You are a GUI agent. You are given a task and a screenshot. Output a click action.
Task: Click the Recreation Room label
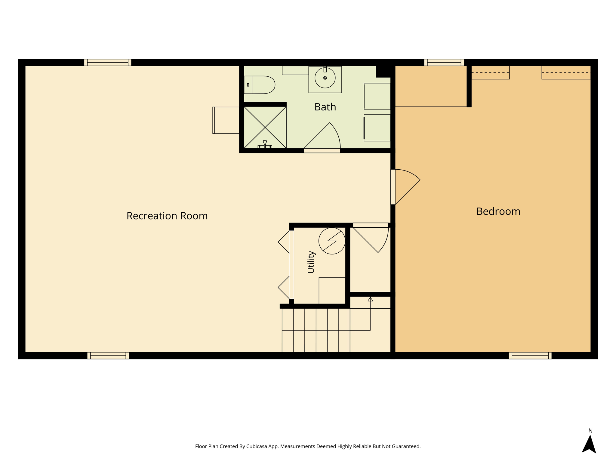167,216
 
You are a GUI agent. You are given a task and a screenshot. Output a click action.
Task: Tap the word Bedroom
498,211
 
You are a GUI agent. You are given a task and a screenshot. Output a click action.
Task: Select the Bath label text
325,107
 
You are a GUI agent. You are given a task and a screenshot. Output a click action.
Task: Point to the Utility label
311,262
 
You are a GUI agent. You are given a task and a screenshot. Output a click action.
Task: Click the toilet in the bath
260,85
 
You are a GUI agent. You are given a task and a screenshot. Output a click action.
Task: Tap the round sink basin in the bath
325,78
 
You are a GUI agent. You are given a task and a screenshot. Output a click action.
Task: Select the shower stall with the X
265,128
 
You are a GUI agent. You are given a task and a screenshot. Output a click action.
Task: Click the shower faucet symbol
265,145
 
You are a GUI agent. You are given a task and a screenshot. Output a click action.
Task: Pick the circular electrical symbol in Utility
332,241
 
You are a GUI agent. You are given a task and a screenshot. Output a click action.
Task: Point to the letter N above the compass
590,431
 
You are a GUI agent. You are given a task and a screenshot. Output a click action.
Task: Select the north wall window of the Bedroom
444,63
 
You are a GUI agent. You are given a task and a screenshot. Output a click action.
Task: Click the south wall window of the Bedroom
530,356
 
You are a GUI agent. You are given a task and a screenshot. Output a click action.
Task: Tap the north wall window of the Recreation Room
108,63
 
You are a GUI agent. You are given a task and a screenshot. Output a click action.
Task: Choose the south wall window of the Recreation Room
108,356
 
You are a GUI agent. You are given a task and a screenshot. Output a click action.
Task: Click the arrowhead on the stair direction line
370,299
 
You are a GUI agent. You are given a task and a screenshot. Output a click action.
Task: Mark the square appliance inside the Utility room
332,291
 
